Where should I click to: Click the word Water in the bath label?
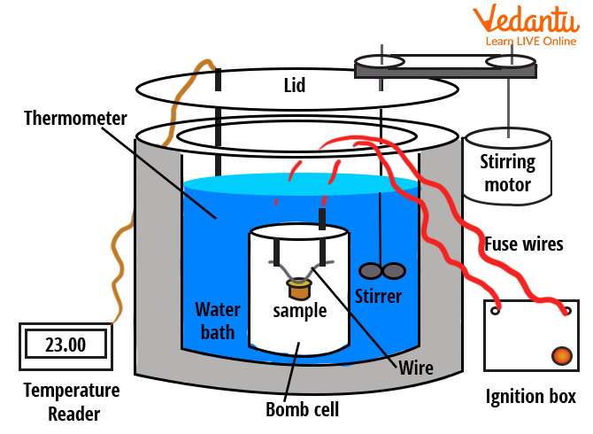tap(218, 310)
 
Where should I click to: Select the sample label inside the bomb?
tap(299, 311)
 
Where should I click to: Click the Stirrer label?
tap(378, 295)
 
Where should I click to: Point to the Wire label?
tap(416, 366)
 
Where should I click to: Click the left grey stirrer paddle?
tap(369, 270)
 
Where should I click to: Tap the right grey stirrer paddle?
tap(394, 269)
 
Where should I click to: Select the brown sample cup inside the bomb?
tap(300, 288)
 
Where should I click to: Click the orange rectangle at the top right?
tap(525, 24)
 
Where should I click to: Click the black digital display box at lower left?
tap(66, 345)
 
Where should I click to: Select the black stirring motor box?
tap(508, 165)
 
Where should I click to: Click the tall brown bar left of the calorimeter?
tap(120, 190)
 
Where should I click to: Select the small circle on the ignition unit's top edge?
tap(496, 310)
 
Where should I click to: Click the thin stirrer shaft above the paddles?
tap(381, 213)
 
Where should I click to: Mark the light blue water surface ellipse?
tap(301, 184)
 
